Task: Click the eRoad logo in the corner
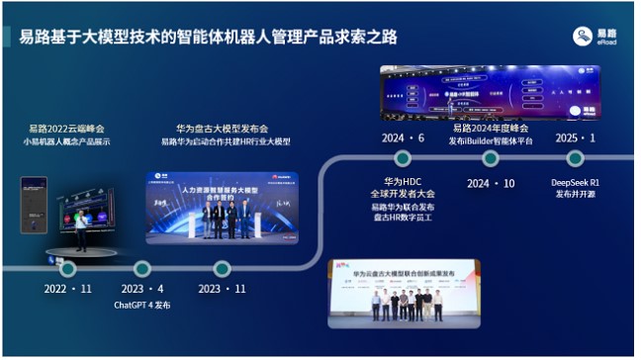tap(595, 38)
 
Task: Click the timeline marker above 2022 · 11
tap(67, 268)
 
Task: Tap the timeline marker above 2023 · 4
tap(141, 268)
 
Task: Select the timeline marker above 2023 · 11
tap(222, 268)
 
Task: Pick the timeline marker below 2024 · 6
tap(403, 158)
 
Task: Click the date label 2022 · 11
tap(67, 289)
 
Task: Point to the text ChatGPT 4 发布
tap(142, 306)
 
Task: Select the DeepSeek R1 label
tap(575, 182)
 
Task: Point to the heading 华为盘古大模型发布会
tap(223, 129)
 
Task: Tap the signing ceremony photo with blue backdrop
tap(207, 207)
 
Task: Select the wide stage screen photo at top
tap(491, 91)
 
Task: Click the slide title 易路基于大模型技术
tap(209, 38)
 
